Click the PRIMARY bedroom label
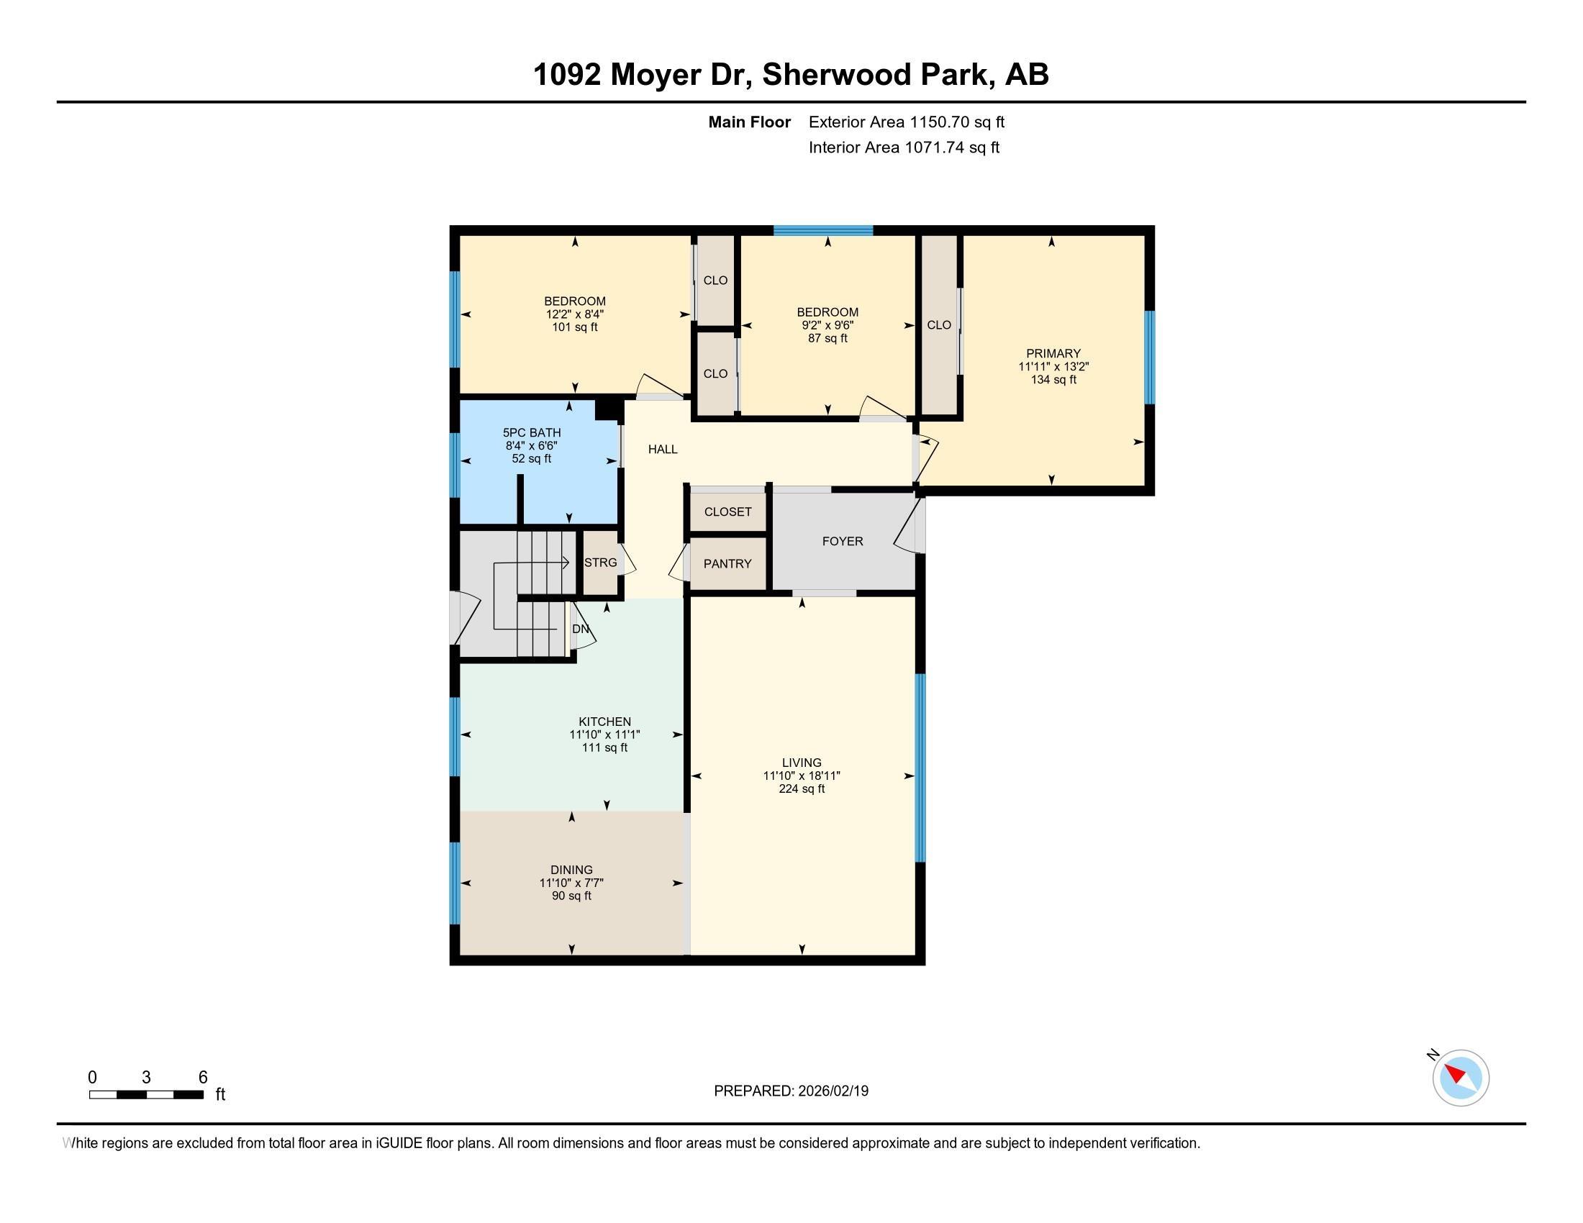[1053, 353]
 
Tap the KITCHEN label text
[604, 722]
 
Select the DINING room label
[571, 870]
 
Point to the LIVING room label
[802, 762]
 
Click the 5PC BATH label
[531, 432]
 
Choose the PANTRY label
[727, 564]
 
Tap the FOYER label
[843, 541]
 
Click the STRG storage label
[600, 563]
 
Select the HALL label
[663, 449]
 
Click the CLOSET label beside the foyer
[727, 512]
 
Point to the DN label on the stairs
[581, 629]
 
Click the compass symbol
[1461, 1078]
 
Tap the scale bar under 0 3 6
[145, 1095]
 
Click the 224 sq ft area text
[802, 789]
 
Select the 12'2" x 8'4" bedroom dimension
[575, 314]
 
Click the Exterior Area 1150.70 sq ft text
[907, 122]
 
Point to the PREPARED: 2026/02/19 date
[791, 1091]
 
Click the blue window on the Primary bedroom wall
[1149, 358]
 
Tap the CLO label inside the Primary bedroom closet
[938, 325]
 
